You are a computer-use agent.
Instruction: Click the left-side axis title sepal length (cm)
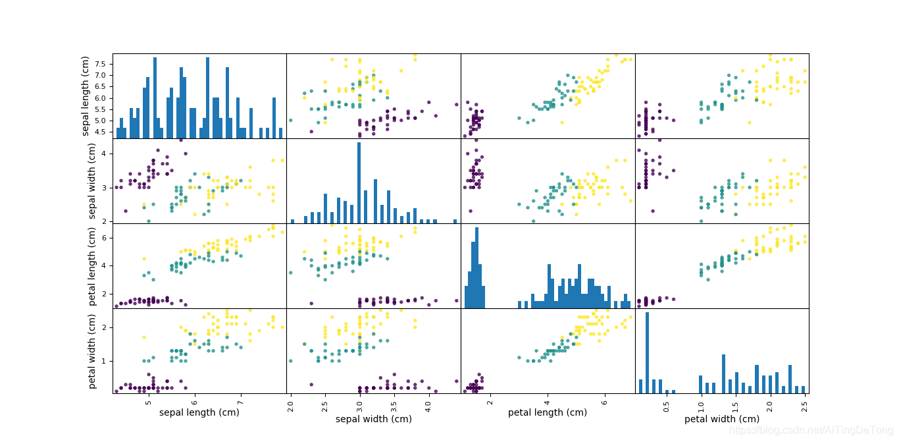[86, 96]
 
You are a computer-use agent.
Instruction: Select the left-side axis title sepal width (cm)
[93, 181]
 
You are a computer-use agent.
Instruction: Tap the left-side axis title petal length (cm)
[93, 266]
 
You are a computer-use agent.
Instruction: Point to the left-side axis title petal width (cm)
[93, 351]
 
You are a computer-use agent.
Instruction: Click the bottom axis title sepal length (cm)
[199, 413]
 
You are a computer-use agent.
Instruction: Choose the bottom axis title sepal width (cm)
[374, 419]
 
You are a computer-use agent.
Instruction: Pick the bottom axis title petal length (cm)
[548, 413]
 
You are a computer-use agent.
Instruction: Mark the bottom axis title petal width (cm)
[722, 419]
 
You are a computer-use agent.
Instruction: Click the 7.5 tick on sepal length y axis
[102, 64]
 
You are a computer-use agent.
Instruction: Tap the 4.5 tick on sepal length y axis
[102, 132]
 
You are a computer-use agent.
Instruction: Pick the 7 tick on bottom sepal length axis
[240, 400]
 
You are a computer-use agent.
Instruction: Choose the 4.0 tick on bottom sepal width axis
[427, 402]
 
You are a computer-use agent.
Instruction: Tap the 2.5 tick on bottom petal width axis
[805, 402]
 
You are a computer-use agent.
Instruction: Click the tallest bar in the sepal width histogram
[359, 184]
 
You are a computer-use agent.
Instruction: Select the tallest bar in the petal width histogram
[647, 352]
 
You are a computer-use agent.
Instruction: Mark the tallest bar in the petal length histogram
[476, 267]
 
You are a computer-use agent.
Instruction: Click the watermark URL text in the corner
[811, 431]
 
